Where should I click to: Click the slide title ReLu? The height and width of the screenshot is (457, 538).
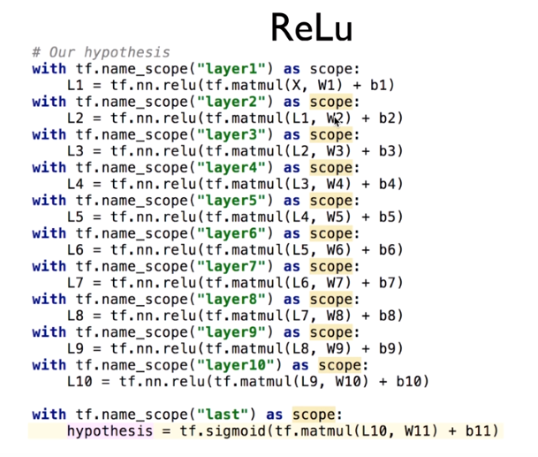[x=312, y=27]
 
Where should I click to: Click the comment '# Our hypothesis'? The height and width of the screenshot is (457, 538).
[x=100, y=52]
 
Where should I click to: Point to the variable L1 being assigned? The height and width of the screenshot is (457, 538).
[x=76, y=86]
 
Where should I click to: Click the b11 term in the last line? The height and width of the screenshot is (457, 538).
[x=478, y=431]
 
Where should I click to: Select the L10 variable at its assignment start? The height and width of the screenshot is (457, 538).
[x=80, y=382]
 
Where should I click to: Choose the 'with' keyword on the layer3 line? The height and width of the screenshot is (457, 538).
[x=49, y=135]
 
